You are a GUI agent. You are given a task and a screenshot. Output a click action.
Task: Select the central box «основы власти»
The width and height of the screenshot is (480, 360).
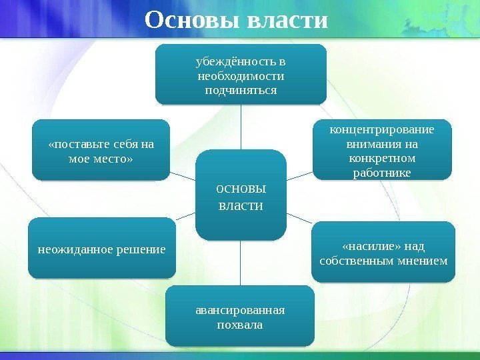pyautogui.click(x=241, y=195)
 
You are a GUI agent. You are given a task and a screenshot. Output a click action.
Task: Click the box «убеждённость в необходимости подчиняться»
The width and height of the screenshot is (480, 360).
pyautogui.click(x=241, y=74)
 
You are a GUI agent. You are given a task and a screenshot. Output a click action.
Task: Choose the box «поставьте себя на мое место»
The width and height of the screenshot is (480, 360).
pyautogui.click(x=101, y=151)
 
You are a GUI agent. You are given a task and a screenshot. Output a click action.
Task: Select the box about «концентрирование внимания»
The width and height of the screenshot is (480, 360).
pyautogui.click(x=381, y=150)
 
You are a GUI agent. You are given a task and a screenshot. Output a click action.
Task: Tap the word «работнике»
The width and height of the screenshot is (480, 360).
pyautogui.click(x=381, y=173)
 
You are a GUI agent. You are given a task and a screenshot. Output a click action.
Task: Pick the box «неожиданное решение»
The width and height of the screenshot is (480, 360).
pyautogui.click(x=101, y=248)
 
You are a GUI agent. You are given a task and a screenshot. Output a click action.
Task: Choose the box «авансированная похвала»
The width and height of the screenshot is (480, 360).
pyautogui.click(x=240, y=317)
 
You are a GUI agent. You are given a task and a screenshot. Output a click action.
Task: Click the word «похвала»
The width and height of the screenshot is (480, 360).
pyautogui.click(x=240, y=325)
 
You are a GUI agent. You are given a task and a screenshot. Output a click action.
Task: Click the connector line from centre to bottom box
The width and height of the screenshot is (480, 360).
pyautogui.click(x=241, y=263)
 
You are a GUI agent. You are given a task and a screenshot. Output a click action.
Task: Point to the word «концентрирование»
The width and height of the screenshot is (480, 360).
pyautogui.click(x=382, y=129)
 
